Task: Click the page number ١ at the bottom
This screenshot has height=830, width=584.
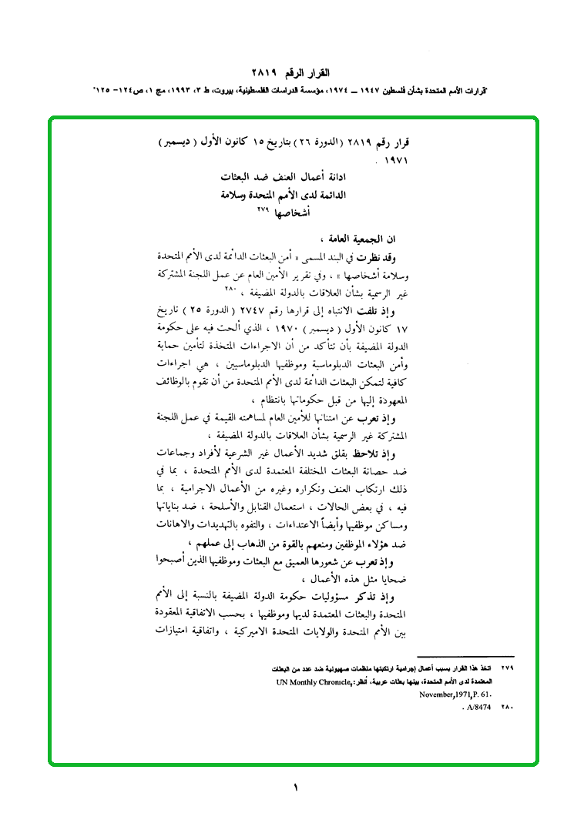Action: pyautogui.click(x=295, y=787)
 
